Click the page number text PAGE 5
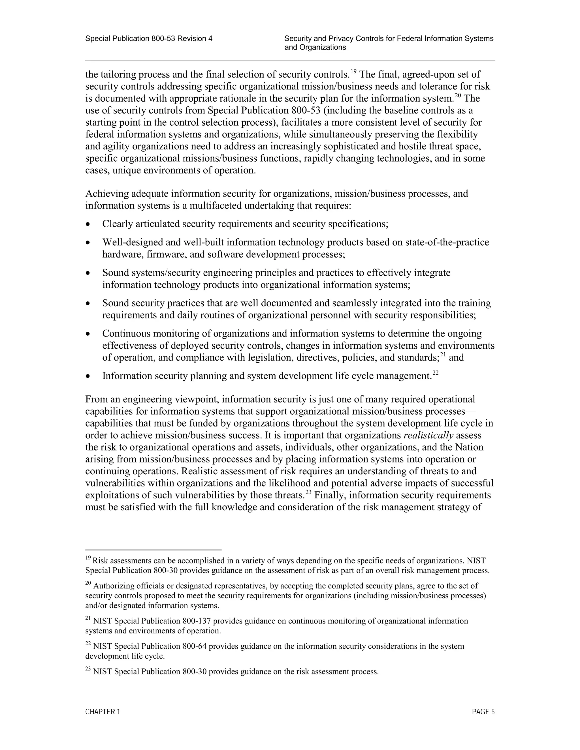pos(483,712)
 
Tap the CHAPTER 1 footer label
pos(103,712)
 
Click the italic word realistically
pos(428,436)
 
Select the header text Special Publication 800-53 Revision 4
pos(149,38)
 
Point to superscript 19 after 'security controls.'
pos(353,72)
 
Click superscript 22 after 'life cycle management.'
pos(435,373)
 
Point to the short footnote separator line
pos(153,550)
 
